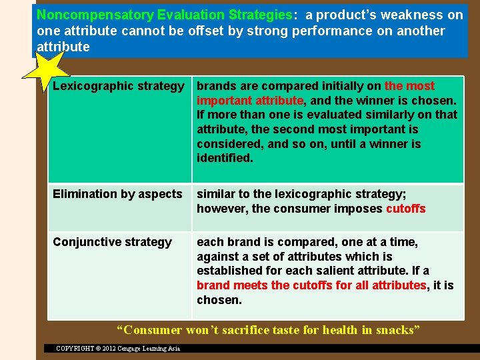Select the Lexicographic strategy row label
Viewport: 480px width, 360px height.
tap(118, 86)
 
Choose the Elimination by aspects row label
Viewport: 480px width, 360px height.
tap(117, 194)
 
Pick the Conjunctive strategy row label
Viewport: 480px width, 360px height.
tap(112, 242)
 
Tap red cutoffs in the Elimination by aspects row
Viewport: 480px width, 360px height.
tap(405, 209)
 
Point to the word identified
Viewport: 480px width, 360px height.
tap(225, 158)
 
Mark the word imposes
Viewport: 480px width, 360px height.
tap(358, 209)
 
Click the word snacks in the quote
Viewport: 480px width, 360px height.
tap(397, 329)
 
